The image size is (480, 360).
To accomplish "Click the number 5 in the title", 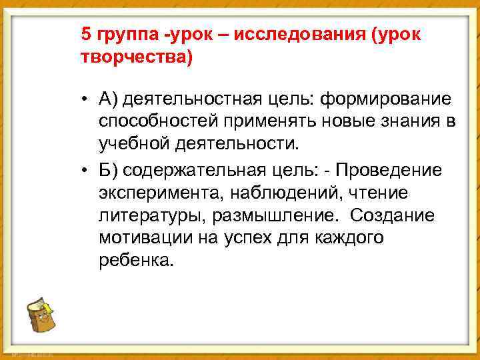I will pos(85,35).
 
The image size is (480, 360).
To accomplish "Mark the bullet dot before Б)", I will pos(87,170).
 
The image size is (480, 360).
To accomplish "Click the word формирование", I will pos(387,100).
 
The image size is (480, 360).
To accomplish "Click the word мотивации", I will pos(139,238).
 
